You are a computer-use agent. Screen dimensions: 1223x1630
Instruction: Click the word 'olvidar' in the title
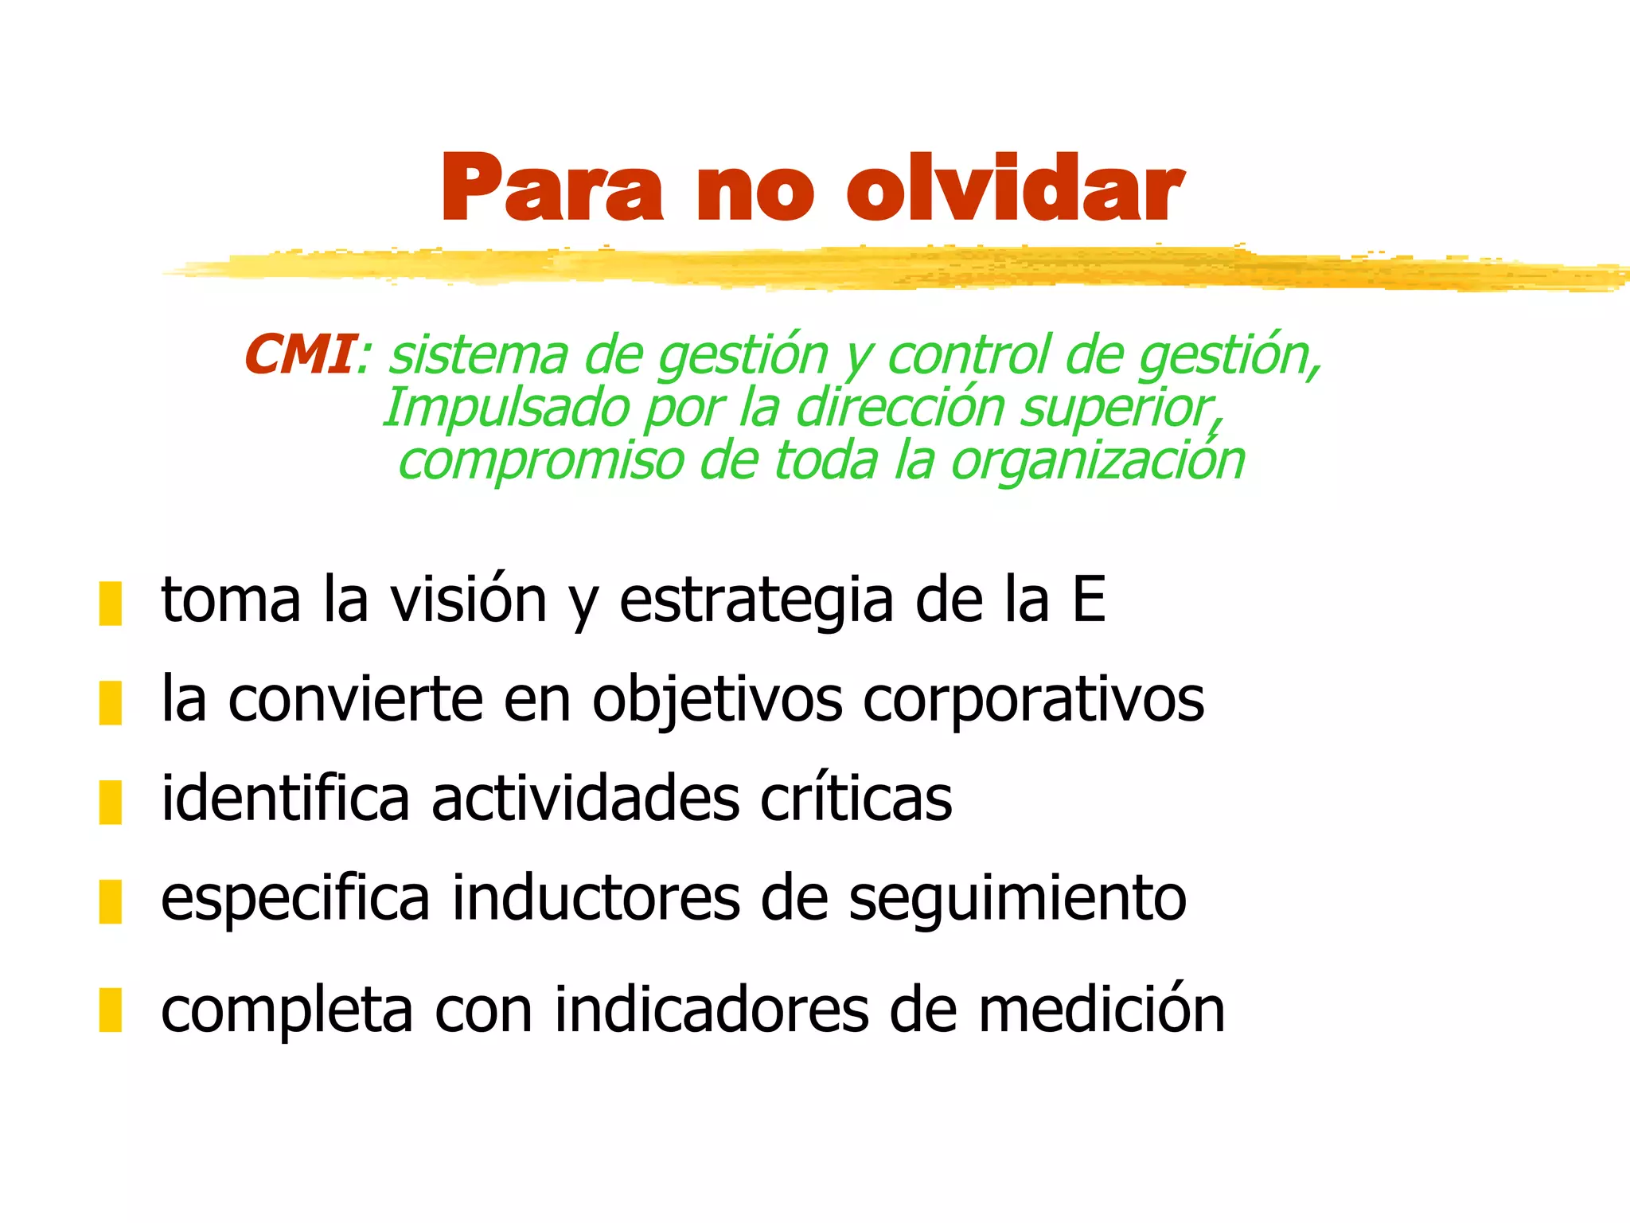pos(1014,188)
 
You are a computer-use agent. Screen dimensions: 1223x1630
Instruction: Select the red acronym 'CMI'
pos(298,354)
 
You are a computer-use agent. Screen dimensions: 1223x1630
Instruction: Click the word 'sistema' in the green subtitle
pos(478,355)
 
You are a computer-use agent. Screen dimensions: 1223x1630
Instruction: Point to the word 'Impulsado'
pos(506,408)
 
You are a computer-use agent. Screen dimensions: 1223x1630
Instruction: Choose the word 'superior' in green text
pos(1117,408)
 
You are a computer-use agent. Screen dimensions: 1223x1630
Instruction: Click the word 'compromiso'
pos(540,461)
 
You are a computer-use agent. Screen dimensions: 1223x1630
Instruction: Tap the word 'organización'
pos(1098,461)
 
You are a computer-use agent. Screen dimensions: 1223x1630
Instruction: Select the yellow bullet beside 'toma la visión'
pos(110,603)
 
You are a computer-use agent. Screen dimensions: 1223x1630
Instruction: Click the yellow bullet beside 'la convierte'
pos(110,702)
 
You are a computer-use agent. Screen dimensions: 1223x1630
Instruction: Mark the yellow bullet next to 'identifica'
pos(110,802)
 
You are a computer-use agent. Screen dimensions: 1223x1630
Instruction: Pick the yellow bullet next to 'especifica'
pos(110,901)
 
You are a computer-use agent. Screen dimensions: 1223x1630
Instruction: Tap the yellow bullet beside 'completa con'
pos(110,1010)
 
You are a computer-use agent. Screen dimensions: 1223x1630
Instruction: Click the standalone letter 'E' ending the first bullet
pos(1089,600)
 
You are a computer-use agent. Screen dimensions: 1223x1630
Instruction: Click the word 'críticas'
pos(856,799)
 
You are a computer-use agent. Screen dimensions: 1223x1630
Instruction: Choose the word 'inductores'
pos(596,898)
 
